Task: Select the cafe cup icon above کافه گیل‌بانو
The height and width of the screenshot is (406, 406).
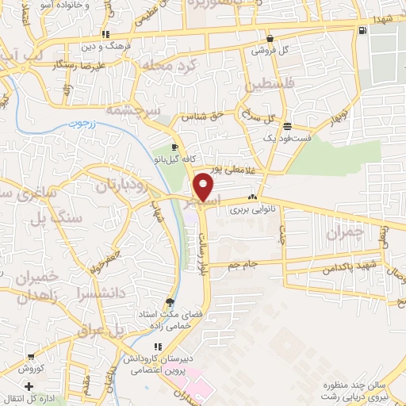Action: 174,147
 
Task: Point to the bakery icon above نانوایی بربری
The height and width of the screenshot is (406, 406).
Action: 252,197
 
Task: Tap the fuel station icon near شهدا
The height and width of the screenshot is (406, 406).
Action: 362,30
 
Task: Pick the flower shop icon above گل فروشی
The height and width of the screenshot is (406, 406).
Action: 270,37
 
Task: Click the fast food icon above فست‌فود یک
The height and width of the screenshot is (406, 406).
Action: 286,126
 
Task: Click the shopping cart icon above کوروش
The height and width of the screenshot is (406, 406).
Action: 30,358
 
